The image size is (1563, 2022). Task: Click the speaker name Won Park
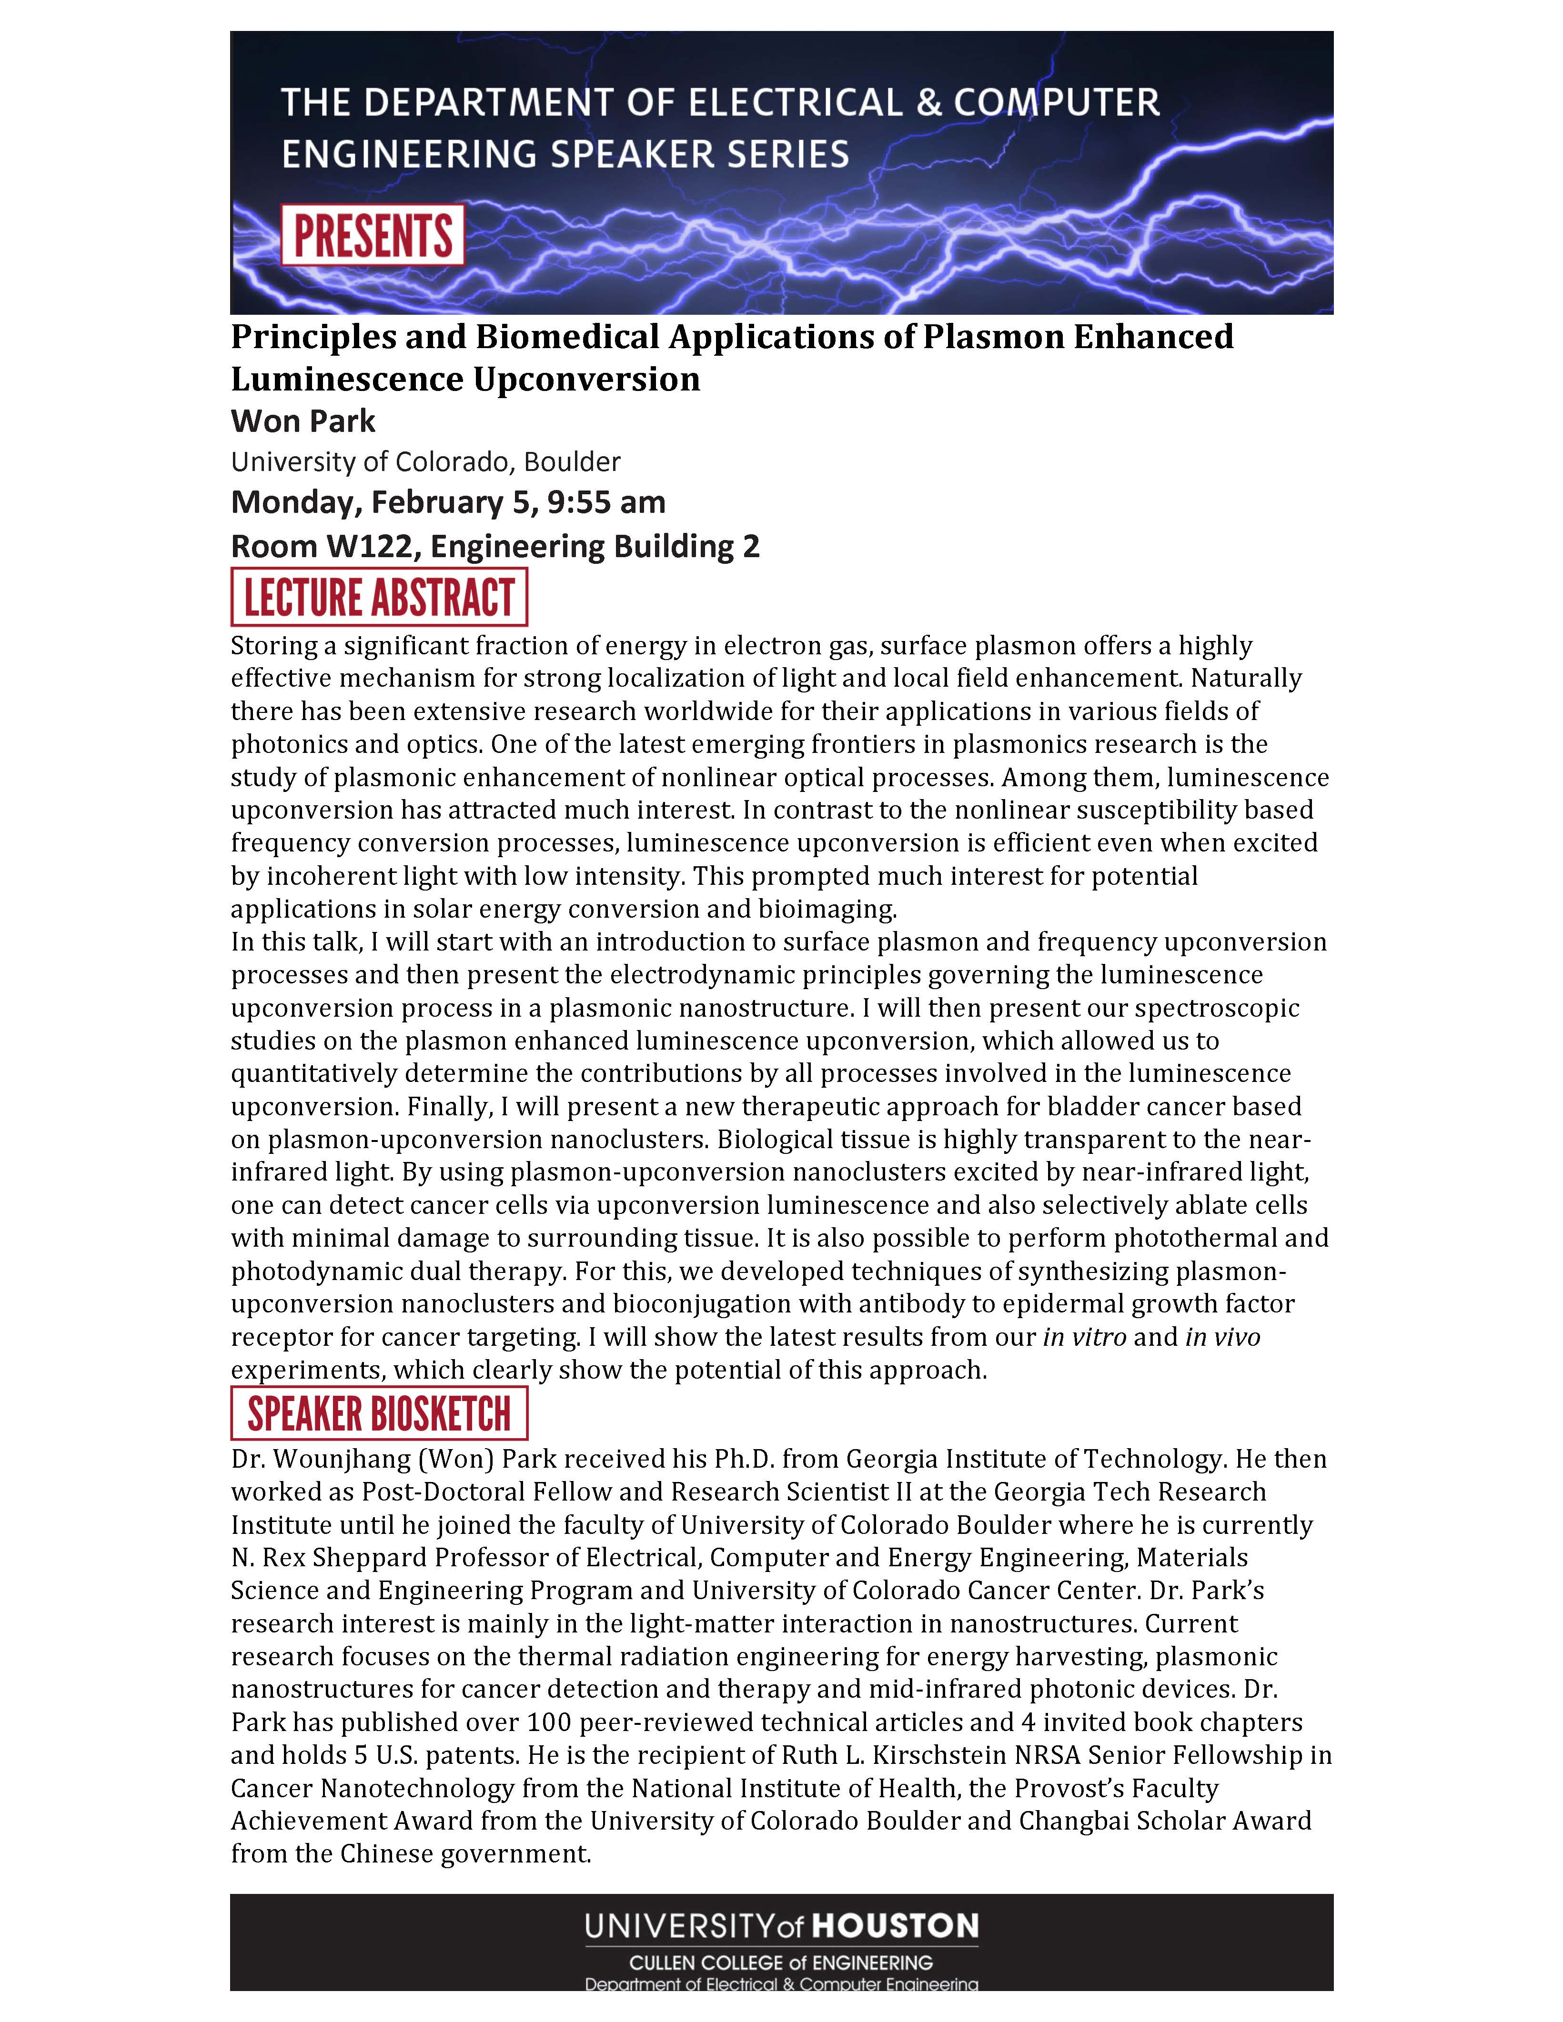[x=303, y=421]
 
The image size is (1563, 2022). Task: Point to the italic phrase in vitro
[x=1084, y=1337]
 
